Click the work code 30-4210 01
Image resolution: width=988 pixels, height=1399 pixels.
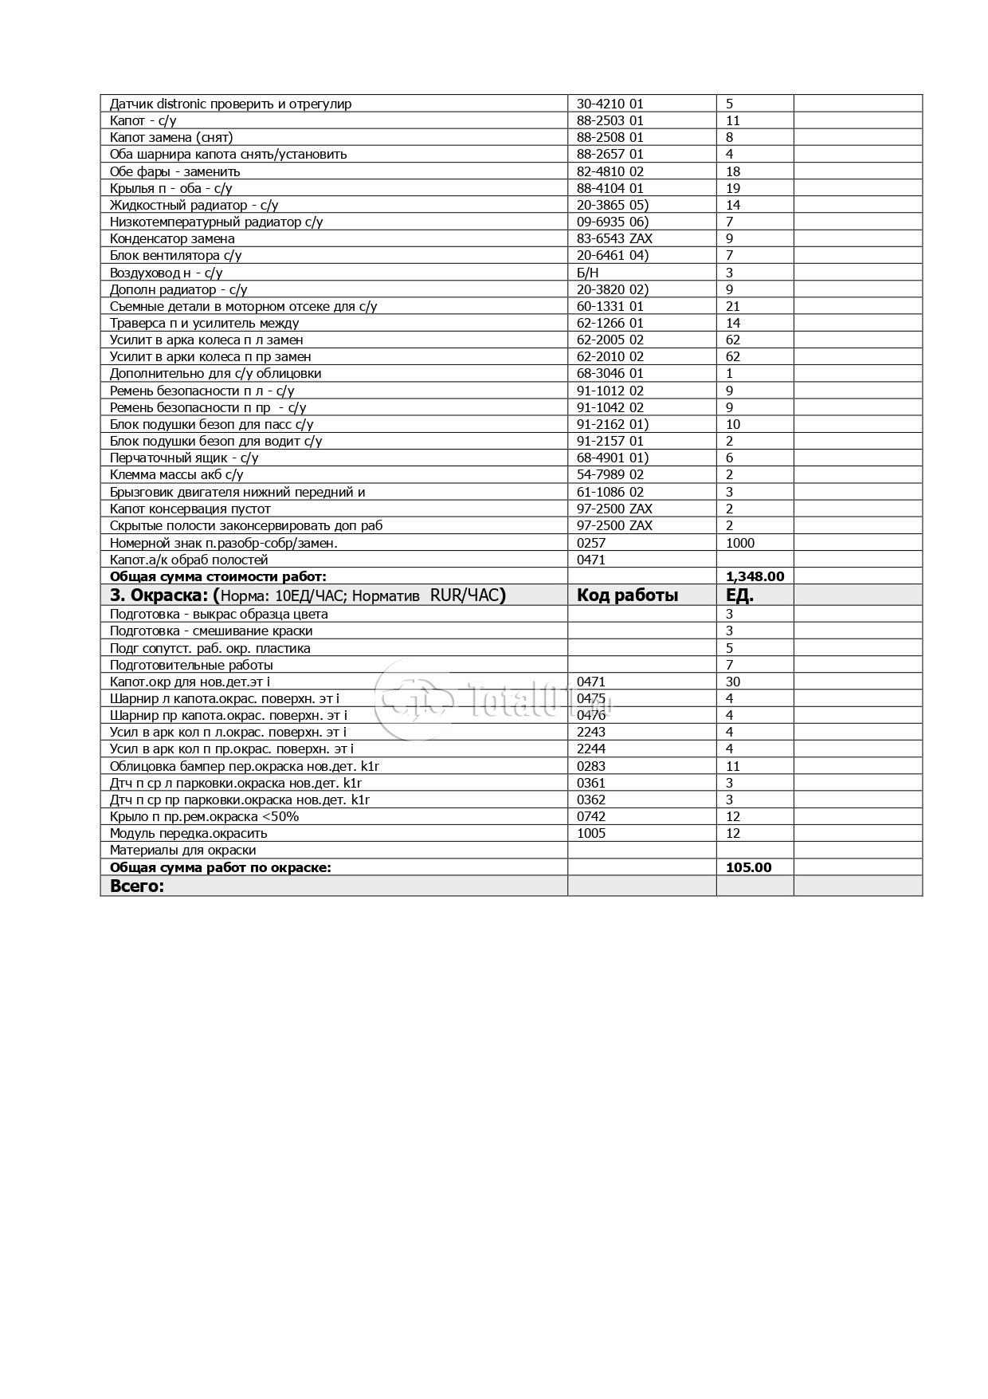tap(610, 104)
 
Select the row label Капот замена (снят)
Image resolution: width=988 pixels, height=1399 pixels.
tap(171, 137)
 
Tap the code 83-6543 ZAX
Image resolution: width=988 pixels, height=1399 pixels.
tap(614, 238)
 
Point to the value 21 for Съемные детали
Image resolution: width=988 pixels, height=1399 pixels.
tap(733, 306)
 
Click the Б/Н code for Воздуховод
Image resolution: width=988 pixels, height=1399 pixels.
tap(587, 273)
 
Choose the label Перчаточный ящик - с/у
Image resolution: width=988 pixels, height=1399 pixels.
tap(184, 458)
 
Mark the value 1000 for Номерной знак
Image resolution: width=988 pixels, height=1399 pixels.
tap(740, 543)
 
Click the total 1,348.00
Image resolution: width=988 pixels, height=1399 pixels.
tap(755, 576)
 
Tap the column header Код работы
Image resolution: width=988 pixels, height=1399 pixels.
tap(627, 595)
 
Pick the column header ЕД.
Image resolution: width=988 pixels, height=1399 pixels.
tap(740, 595)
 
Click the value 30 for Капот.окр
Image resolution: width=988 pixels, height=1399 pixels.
tap(733, 682)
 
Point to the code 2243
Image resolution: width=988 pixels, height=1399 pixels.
tap(590, 732)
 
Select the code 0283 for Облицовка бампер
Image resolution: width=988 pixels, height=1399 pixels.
tap(590, 766)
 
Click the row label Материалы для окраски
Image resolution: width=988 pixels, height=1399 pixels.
tap(182, 851)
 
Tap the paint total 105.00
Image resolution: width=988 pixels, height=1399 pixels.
tap(749, 867)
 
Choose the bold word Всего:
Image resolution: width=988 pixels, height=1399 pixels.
tap(136, 886)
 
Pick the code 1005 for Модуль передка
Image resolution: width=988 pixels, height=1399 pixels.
tap(590, 833)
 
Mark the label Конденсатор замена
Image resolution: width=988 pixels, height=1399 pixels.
tap(172, 238)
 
